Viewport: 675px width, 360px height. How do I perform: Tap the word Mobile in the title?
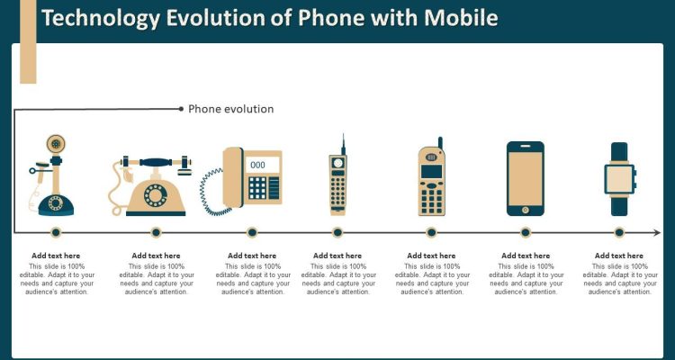460,18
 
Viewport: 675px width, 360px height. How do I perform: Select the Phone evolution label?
230,109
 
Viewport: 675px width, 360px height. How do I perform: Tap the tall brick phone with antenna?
338,180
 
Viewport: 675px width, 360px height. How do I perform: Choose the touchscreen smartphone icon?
525,178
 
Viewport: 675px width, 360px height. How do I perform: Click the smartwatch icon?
619,178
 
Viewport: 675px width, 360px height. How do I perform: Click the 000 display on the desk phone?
257,165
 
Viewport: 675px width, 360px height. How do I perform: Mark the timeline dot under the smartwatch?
619,232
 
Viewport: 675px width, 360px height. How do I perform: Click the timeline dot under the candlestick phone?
56,232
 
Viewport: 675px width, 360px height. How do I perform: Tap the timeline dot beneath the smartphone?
525,232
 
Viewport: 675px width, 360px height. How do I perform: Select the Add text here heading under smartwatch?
619,256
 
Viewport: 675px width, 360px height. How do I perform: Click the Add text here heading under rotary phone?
156,256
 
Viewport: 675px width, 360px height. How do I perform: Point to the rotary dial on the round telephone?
156,194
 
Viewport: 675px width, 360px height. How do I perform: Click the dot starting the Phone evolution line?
181,109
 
